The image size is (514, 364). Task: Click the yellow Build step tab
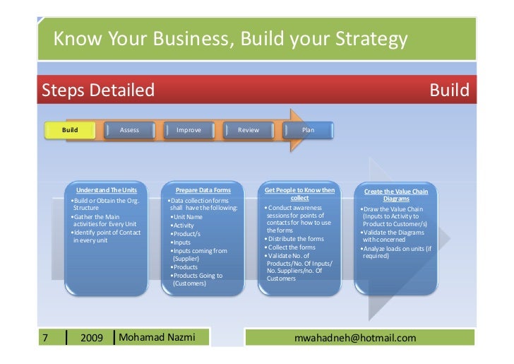(x=71, y=130)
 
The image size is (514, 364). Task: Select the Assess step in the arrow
(x=130, y=130)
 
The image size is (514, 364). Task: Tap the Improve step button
(x=189, y=130)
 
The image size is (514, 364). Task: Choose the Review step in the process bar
(x=249, y=130)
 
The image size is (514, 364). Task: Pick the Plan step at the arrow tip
(x=308, y=130)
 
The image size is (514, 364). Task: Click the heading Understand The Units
(x=107, y=191)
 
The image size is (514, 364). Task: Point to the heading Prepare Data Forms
(x=203, y=191)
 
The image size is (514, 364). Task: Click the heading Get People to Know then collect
(x=299, y=194)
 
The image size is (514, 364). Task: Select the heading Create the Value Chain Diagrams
(x=395, y=195)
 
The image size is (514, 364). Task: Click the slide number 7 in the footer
(x=46, y=338)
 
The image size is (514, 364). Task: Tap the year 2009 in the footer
(x=92, y=338)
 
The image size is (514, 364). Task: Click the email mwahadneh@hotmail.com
(x=359, y=338)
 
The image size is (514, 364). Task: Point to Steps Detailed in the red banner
(x=98, y=90)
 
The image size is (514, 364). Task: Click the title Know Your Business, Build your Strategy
(x=230, y=37)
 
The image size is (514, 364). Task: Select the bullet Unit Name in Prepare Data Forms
(x=188, y=217)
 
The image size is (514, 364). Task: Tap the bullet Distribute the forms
(x=297, y=239)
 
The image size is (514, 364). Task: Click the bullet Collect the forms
(x=292, y=247)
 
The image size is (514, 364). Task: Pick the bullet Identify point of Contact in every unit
(x=107, y=237)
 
